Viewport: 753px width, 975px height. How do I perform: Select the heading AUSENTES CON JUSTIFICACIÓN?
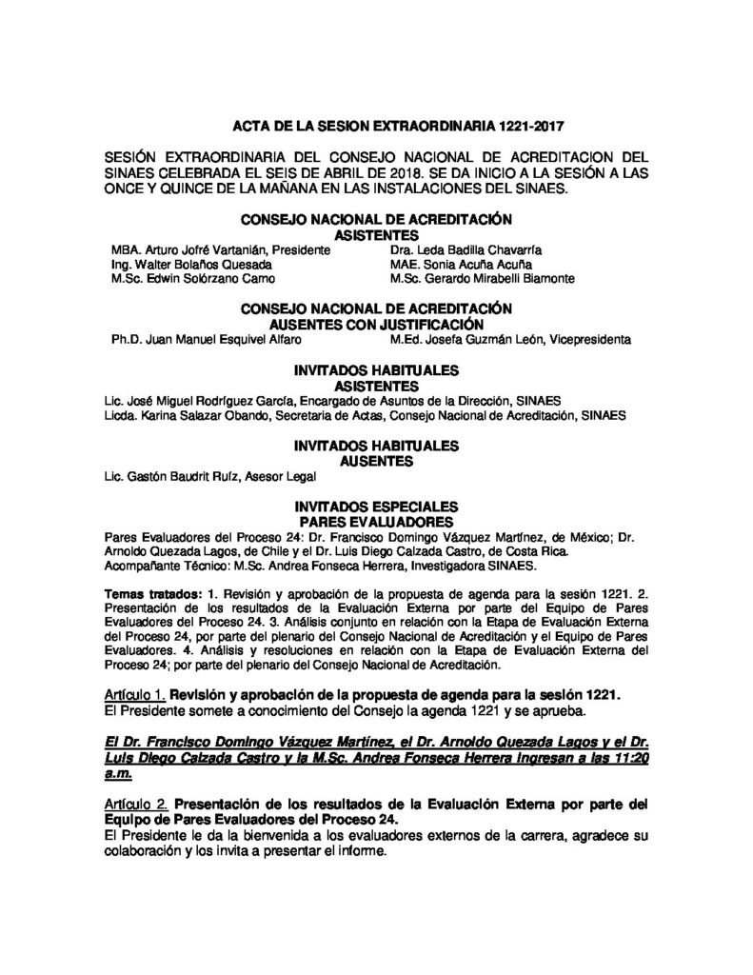coord(376,324)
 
